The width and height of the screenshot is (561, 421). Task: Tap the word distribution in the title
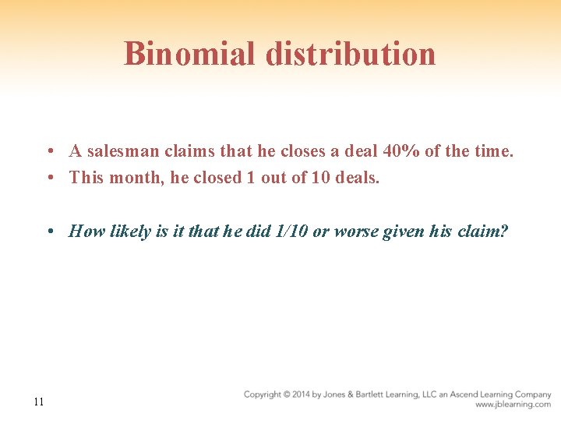[350, 54]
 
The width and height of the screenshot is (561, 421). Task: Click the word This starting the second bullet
[86, 178]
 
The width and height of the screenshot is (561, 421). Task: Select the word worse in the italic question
[357, 232]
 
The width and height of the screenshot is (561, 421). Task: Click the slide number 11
[39, 402]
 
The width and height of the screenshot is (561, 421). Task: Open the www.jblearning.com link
[513, 405]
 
